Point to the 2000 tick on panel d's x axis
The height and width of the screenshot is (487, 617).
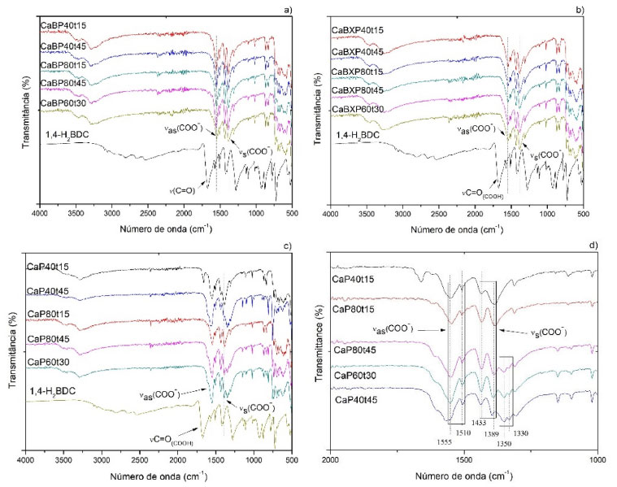click(x=331, y=457)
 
